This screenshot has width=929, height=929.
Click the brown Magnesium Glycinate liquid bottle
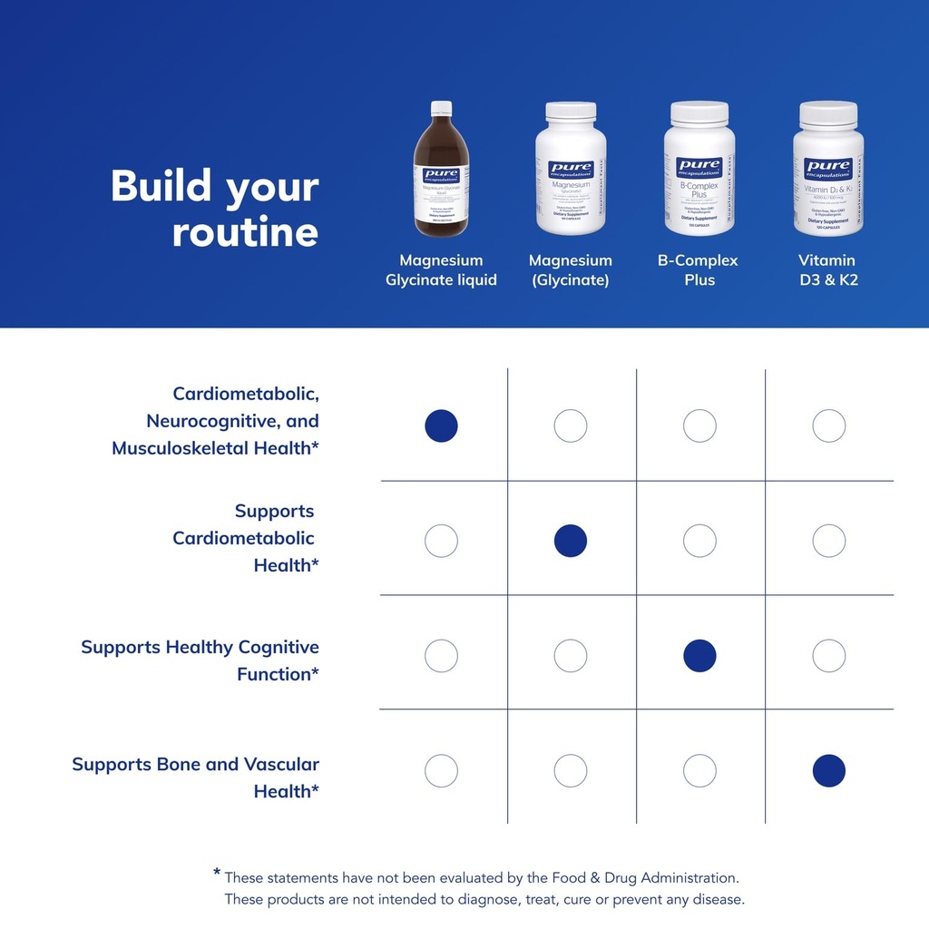coord(442,177)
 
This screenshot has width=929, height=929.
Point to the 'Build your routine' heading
coord(215,209)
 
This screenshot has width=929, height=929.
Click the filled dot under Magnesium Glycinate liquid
coord(442,425)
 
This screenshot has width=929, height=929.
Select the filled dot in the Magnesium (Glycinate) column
coord(571,541)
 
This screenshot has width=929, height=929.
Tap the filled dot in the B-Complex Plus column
coord(699,655)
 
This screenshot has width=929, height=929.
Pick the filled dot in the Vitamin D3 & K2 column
coord(828,771)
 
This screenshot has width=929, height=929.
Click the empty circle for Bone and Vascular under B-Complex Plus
coord(699,771)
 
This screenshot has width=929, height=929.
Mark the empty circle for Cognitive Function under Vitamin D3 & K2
coord(828,655)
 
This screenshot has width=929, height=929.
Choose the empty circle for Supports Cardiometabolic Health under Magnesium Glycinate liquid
coord(442,541)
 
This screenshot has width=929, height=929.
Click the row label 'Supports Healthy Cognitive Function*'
coord(200,660)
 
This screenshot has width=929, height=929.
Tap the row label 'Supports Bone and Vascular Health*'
coord(196,777)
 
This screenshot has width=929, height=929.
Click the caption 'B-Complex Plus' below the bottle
coord(698,270)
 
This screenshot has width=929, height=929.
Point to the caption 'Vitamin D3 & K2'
coord(827,270)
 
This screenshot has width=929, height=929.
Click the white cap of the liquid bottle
coord(442,108)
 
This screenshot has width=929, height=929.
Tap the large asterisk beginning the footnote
coord(217,873)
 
